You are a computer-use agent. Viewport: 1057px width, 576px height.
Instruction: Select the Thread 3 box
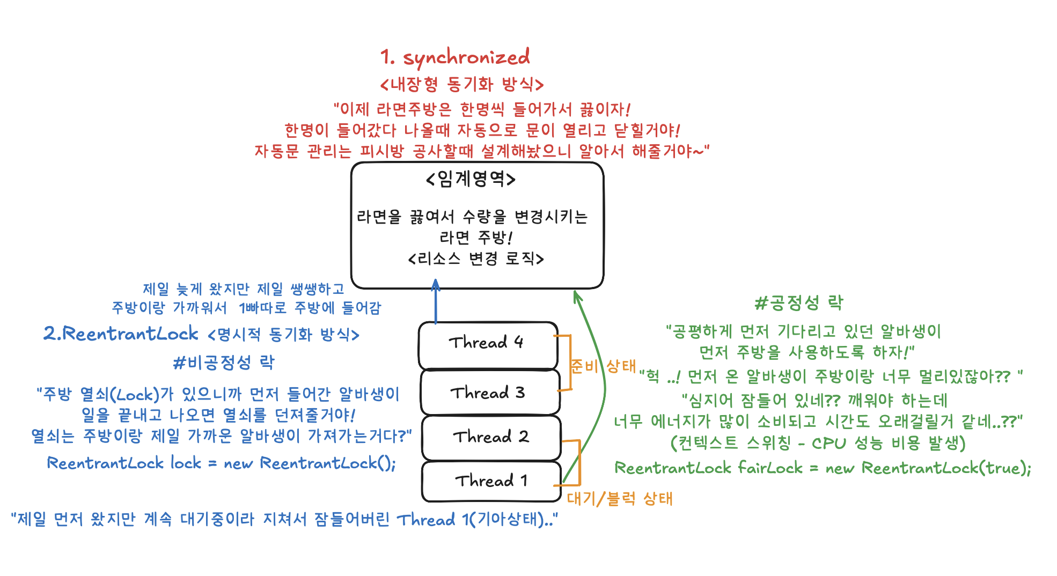click(x=490, y=392)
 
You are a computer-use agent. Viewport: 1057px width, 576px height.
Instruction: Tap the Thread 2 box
click(x=491, y=437)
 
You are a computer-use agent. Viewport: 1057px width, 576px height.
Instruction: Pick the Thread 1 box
click(x=491, y=481)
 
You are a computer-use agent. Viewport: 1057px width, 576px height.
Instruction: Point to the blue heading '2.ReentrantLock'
click(x=121, y=334)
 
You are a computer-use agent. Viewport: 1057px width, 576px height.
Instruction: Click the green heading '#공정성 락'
click(x=798, y=304)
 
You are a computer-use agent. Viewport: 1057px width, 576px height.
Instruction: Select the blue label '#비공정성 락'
click(x=223, y=363)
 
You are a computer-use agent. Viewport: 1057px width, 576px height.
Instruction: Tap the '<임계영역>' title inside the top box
click(x=471, y=179)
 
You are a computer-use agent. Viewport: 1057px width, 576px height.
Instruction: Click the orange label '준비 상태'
click(x=603, y=366)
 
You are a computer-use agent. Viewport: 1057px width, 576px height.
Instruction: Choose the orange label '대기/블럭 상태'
click(x=619, y=499)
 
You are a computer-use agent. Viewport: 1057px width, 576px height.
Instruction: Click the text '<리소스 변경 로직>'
click(x=476, y=259)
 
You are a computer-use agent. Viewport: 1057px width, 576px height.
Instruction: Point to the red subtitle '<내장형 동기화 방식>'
click(x=461, y=84)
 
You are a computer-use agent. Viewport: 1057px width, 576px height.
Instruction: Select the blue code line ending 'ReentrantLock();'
click(x=221, y=463)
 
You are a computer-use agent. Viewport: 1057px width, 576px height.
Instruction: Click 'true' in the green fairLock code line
click(x=1002, y=468)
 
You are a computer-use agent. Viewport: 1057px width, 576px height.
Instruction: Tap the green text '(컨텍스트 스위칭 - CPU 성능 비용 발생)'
click(x=818, y=444)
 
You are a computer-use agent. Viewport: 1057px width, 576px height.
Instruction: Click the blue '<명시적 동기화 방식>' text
click(x=283, y=335)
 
